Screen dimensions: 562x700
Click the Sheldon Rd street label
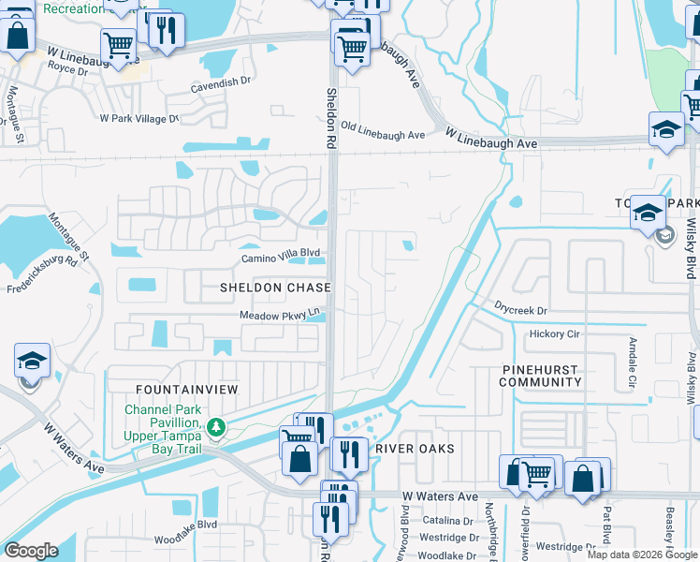coord(330,119)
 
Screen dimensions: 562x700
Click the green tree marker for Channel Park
coord(216,427)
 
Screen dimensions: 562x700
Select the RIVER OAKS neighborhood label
coord(415,449)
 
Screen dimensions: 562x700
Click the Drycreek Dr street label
coord(520,310)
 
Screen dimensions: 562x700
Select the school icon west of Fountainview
coord(31,361)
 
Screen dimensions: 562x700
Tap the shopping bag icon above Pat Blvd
coord(582,479)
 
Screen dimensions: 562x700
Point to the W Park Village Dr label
coord(139,119)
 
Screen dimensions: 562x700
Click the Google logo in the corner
coord(31,551)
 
